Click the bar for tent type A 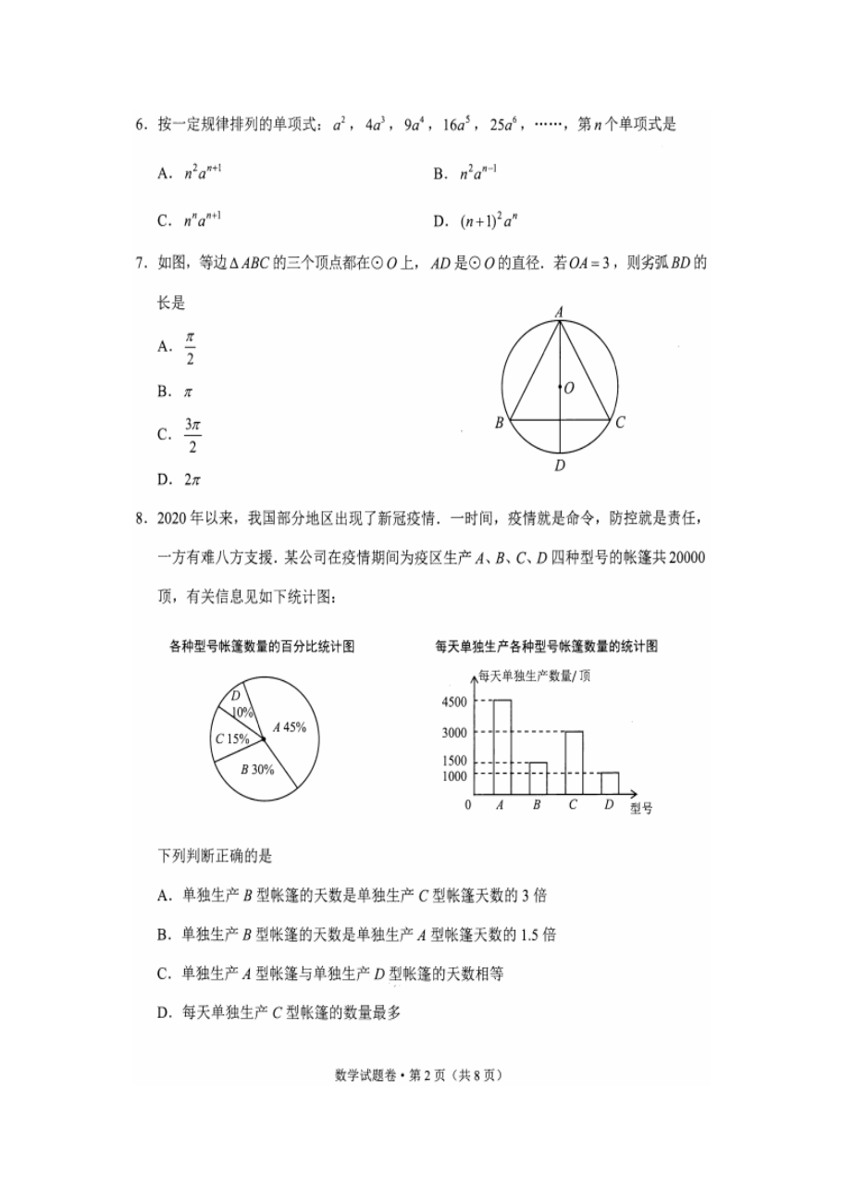501,747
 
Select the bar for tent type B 538,778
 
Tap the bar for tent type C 574,763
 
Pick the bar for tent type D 609,783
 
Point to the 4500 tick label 454,701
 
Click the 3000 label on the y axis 454,733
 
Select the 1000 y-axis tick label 454,776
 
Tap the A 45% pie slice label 289,727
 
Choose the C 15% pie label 232,738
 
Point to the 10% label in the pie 242,713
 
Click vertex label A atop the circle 560,313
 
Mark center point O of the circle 561,388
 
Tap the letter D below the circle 560,465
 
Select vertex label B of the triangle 499,423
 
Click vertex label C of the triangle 621,423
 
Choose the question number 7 140,264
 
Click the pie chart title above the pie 263,646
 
